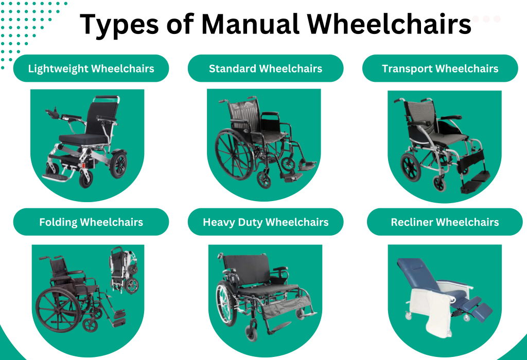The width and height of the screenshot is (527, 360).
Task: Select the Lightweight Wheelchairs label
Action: tap(91, 68)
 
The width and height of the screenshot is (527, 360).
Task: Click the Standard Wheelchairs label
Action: tap(266, 68)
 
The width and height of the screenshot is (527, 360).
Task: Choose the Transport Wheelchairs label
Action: tap(440, 68)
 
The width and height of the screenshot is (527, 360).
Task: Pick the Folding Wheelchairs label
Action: tap(91, 222)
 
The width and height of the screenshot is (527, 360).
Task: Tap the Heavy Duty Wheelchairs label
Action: tap(266, 222)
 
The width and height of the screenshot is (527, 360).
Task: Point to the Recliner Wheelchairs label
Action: tap(445, 222)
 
